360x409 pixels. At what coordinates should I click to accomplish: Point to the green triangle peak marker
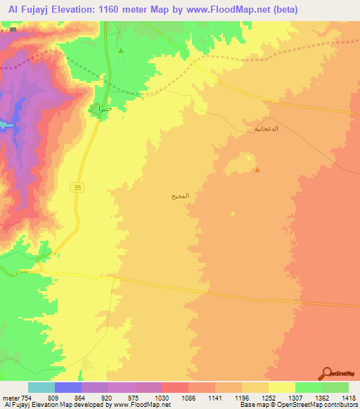click(x=121, y=51)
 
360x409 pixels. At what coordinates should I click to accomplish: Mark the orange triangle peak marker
click(x=257, y=169)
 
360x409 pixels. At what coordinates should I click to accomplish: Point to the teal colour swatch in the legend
click(x=41, y=387)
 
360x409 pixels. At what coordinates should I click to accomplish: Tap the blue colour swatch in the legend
click(x=67, y=387)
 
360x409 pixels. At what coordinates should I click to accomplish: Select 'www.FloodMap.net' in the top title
click(x=219, y=10)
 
